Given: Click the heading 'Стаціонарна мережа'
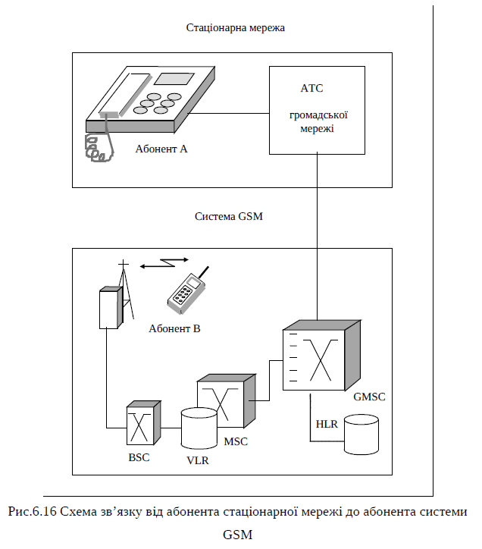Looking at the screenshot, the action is click(235, 27).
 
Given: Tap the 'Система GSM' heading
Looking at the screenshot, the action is click(229, 216).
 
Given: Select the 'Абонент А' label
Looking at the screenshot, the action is click(161, 149).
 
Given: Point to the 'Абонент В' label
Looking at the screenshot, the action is click(174, 328).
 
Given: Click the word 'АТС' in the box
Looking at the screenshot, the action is click(311, 88).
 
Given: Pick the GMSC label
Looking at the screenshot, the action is click(369, 397).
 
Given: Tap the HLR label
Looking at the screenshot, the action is click(327, 424).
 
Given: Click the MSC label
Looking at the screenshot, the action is click(236, 441).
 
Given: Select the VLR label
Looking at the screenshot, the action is click(197, 460).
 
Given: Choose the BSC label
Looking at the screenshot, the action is click(139, 457).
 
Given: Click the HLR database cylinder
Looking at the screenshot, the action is click(361, 434).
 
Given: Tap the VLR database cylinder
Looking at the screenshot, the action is click(199, 428).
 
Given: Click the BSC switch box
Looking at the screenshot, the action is click(143, 422).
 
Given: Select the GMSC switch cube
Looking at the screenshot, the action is click(321, 356).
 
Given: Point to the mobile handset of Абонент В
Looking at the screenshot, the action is click(187, 291).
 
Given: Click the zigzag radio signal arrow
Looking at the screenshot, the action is click(164, 262).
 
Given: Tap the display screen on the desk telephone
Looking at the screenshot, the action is click(174, 79).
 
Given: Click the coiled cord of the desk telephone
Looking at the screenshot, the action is click(99, 143).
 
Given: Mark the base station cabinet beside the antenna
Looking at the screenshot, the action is click(111, 308).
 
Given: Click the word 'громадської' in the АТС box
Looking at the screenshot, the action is click(318, 115).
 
